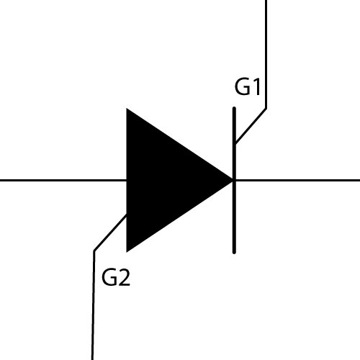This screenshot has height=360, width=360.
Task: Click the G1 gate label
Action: [247, 87]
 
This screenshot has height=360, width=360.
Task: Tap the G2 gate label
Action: [116, 277]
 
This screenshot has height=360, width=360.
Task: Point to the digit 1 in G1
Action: [256, 87]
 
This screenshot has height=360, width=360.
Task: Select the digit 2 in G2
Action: [124, 277]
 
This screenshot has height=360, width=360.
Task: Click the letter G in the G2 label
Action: [109, 278]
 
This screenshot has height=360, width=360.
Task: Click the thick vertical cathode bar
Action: [234, 180]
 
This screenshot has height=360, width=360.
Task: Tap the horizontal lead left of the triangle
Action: [63, 180]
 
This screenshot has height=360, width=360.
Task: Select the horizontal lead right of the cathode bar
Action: [298, 180]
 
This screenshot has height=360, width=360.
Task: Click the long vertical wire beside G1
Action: [266, 54]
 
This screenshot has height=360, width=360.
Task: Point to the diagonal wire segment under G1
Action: [251, 126]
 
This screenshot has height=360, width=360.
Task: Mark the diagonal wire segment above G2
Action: [110, 233]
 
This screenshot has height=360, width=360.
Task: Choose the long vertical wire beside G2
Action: [93, 305]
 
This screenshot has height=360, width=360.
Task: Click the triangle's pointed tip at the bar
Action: [233, 180]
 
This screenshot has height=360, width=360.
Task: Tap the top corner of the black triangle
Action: [127, 109]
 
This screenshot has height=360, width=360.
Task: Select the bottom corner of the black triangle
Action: [127, 252]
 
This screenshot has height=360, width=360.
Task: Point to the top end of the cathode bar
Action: [234, 107]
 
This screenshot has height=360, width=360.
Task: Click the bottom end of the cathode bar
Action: [234, 253]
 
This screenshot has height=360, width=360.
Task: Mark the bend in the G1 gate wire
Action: [266, 109]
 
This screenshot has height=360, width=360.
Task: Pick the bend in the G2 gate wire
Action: [94, 251]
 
